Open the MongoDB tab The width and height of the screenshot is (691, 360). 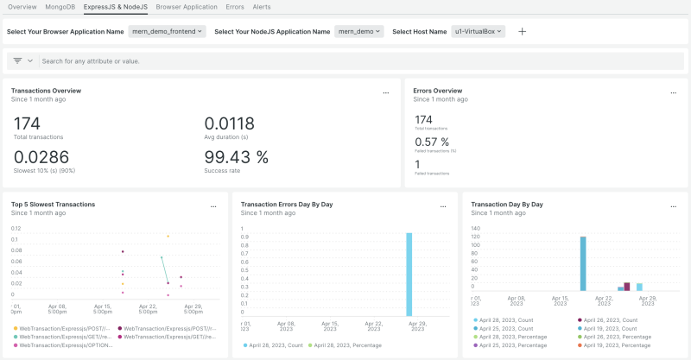point(60,7)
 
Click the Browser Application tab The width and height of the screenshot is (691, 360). point(187,7)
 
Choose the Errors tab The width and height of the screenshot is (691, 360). point(235,7)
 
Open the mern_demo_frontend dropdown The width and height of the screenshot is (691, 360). point(168,31)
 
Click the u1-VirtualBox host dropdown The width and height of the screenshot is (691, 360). point(478,31)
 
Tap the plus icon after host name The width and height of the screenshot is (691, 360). point(522,31)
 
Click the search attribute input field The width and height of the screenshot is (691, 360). point(259,61)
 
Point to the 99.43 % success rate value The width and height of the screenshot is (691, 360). point(236,157)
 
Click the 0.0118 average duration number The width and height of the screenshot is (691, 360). point(229,123)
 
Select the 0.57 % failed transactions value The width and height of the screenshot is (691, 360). point(432,142)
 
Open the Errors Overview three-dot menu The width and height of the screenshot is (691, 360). point(672,92)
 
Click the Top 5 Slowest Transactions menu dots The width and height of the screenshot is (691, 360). point(213,205)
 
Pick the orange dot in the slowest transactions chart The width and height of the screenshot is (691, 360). point(168,236)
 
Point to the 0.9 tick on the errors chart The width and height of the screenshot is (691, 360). point(244,237)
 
